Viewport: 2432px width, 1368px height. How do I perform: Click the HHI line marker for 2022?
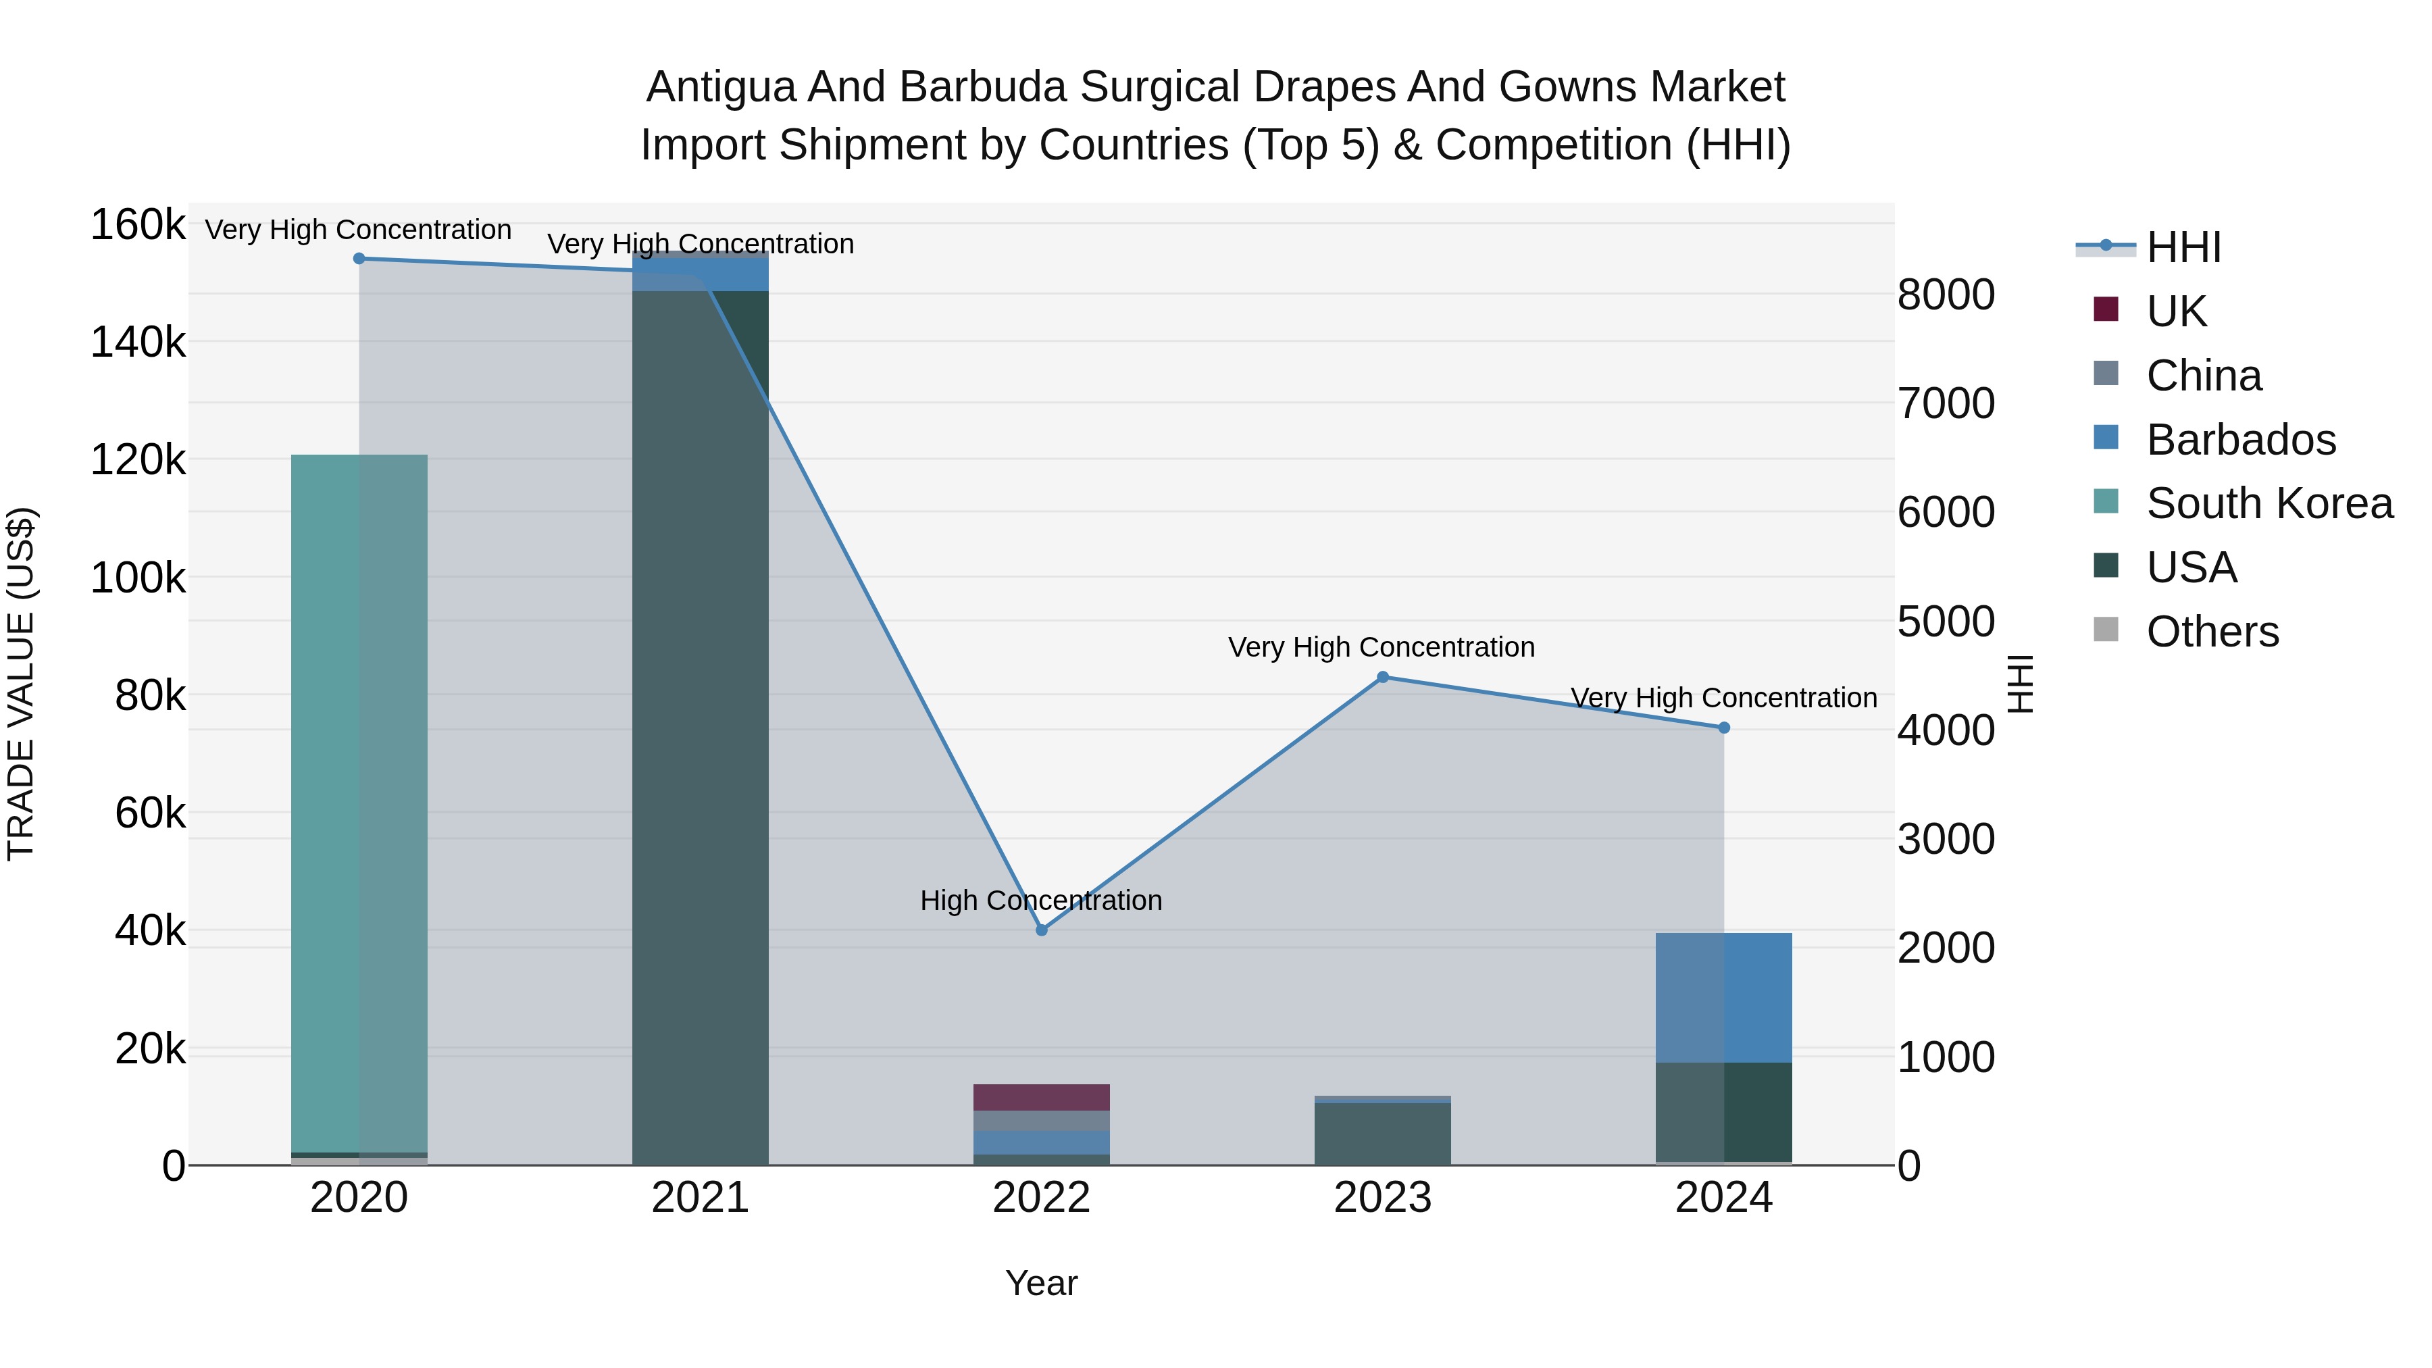pyautogui.click(x=1041, y=930)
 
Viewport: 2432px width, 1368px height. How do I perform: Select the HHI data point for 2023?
pyautogui.click(x=1382, y=677)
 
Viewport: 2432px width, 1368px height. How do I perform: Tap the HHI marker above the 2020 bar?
pyautogui.click(x=359, y=259)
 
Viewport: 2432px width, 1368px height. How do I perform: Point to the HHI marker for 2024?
pyautogui.click(x=1724, y=728)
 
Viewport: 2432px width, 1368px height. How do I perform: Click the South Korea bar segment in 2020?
pyautogui.click(x=359, y=803)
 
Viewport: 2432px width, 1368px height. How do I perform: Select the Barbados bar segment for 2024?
pyautogui.click(x=1724, y=997)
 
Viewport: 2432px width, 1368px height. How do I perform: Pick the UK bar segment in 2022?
pyautogui.click(x=1041, y=1097)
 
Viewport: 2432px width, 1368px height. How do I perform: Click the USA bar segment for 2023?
pyautogui.click(x=1382, y=1133)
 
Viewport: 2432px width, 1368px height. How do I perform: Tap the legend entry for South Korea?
pyautogui.click(x=2270, y=503)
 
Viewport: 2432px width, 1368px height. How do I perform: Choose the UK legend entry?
pyautogui.click(x=2176, y=311)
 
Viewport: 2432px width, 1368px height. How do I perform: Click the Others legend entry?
pyautogui.click(x=2212, y=632)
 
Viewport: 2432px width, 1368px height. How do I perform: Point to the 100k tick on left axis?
pyautogui.click(x=138, y=578)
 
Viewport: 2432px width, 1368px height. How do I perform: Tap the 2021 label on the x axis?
pyautogui.click(x=700, y=1198)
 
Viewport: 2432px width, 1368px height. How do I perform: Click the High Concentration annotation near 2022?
pyautogui.click(x=1041, y=901)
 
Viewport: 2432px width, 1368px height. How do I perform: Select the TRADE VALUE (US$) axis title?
pyautogui.click(x=21, y=684)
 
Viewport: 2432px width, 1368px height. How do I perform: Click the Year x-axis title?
pyautogui.click(x=1041, y=1283)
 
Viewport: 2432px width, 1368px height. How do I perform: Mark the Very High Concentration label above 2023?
pyautogui.click(x=1382, y=648)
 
